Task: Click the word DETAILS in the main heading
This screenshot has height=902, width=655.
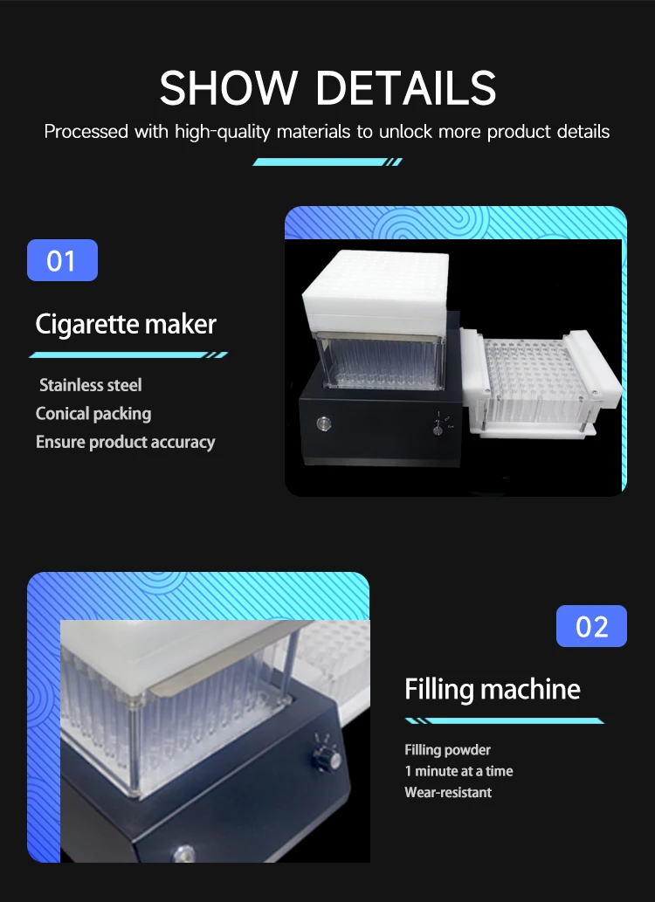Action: pyautogui.click(x=406, y=87)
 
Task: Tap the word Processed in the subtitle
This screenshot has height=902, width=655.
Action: pyautogui.click(x=86, y=133)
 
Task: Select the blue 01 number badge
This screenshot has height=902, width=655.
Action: pyautogui.click(x=62, y=260)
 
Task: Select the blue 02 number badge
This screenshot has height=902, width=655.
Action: pyautogui.click(x=591, y=626)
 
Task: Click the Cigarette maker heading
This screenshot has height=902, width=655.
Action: pyautogui.click(x=126, y=324)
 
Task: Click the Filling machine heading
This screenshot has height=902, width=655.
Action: pyautogui.click(x=493, y=689)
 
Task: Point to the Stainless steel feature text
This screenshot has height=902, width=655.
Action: pyautogui.click(x=91, y=385)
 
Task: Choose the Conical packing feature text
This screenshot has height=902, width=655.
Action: pyautogui.click(x=93, y=414)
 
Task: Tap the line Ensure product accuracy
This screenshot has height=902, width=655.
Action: pyautogui.click(x=125, y=442)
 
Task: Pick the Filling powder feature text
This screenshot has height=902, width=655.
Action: pyautogui.click(x=447, y=750)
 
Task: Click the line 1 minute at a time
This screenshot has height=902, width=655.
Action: pyautogui.click(x=458, y=771)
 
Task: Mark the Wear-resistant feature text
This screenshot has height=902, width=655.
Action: pyautogui.click(x=448, y=793)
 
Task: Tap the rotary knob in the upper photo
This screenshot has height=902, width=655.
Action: pyautogui.click(x=437, y=427)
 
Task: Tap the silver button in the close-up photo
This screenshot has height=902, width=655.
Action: pyautogui.click(x=183, y=851)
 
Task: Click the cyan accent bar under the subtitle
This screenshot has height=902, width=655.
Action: pyautogui.click(x=327, y=162)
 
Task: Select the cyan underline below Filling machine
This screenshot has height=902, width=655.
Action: pyautogui.click(x=504, y=720)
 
